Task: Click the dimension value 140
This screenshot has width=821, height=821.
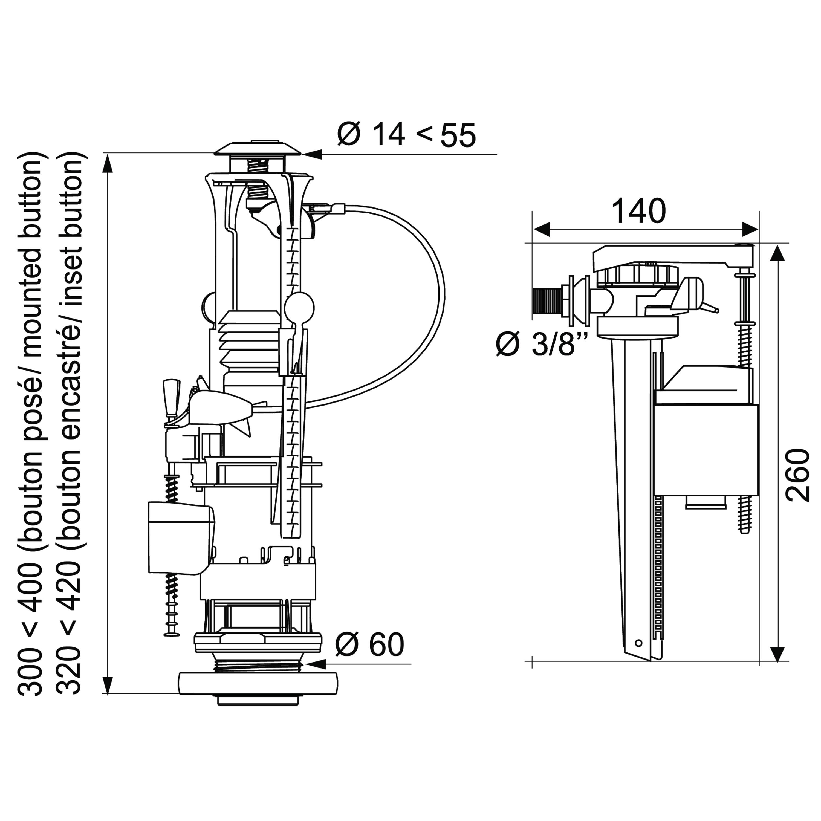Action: [x=639, y=211]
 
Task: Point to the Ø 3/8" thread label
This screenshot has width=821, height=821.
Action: [x=542, y=343]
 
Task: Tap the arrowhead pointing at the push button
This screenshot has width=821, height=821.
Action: [x=311, y=154]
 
